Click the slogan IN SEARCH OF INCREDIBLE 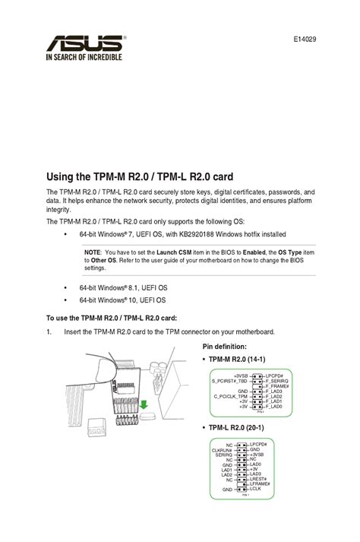[84, 55]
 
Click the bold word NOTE [92, 252]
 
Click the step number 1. [49, 332]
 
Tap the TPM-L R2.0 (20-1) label [240, 428]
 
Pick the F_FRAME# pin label [278, 385]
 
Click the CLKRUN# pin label [222, 449]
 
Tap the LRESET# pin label [261, 479]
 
